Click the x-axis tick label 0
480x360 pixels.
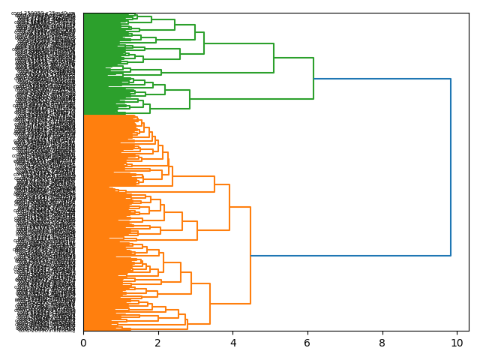click(x=83, y=343)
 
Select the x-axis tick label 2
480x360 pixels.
click(x=157, y=343)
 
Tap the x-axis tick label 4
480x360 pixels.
click(x=232, y=343)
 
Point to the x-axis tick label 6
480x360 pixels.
click(x=307, y=343)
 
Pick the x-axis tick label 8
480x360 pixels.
click(x=382, y=343)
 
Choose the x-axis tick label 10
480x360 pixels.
click(x=456, y=343)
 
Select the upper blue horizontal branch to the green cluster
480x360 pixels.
click(x=382, y=79)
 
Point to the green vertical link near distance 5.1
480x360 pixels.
click(x=274, y=58)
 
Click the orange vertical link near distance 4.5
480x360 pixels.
click(x=250, y=255)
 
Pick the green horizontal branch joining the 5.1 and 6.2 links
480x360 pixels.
click(x=293, y=58)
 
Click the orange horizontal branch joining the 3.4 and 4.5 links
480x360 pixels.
click(x=230, y=303)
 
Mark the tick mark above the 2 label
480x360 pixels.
click(x=157, y=333)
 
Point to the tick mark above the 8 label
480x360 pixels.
click(x=382, y=333)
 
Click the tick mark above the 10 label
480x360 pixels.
click(x=456, y=333)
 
